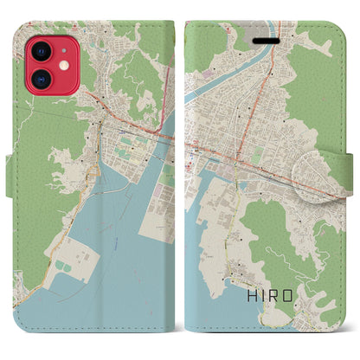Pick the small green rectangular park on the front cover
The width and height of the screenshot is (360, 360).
tap(257, 155)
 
